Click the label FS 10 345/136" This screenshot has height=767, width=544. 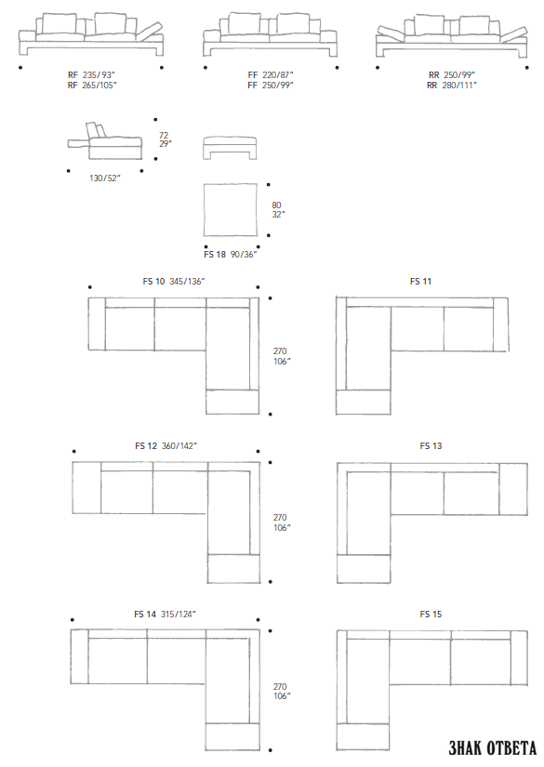(x=174, y=282)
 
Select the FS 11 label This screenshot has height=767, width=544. (x=420, y=282)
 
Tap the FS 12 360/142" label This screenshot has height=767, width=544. (x=166, y=445)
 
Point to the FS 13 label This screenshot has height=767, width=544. (x=431, y=445)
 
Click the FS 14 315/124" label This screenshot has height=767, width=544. (x=165, y=614)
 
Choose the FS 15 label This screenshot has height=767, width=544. (x=431, y=614)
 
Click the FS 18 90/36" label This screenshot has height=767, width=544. (x=231, y=255)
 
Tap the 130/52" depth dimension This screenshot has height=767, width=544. (x=105, y=179)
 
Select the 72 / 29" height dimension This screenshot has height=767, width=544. (x=165, y=139)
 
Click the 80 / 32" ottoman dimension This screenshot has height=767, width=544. (x=278, y=210)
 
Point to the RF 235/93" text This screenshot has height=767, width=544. (x=91, y=75)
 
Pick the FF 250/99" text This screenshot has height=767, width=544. (x=271, y=86)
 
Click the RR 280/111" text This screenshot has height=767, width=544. (x=452, y=86)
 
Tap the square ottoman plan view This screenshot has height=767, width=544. (x=231, y=210)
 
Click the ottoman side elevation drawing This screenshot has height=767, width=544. (x=230, y=148)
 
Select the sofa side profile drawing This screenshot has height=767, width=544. (x=105, y=141)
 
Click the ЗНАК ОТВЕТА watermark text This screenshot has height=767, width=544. (x=492, y=747)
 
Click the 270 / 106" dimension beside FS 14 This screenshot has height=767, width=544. (x=281, y=691)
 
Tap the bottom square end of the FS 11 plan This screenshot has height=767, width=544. (x=363, y=402)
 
